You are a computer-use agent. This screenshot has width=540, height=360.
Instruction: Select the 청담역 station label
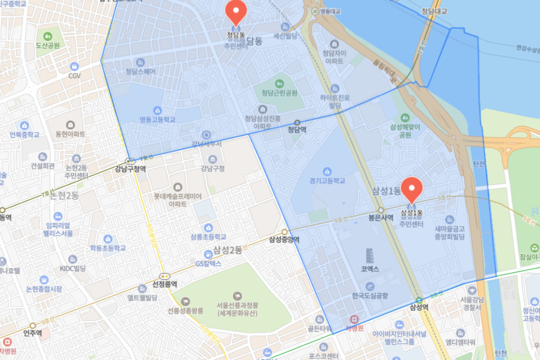[297, 129]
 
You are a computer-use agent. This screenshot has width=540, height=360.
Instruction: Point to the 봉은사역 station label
[380, 217]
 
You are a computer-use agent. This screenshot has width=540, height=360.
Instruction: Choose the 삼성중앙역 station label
[284, 239]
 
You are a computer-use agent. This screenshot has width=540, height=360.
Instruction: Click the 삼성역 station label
[419, 307]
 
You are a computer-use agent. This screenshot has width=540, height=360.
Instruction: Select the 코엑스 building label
[370, 268]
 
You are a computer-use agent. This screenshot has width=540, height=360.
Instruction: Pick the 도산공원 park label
[47, 45]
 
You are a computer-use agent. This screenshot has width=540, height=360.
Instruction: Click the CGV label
[74, 75]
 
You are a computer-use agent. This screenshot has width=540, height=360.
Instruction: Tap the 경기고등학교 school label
[327, 180]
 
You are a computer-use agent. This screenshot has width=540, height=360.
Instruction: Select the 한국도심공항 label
[370, 295]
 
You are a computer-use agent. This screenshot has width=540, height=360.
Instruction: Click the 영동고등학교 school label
[157, 119]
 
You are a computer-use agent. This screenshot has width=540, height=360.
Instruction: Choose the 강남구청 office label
[212, 168]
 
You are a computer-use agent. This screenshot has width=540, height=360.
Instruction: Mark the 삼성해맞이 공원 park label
[404, 131]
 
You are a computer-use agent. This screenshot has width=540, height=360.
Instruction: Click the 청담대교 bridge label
[434, 11]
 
